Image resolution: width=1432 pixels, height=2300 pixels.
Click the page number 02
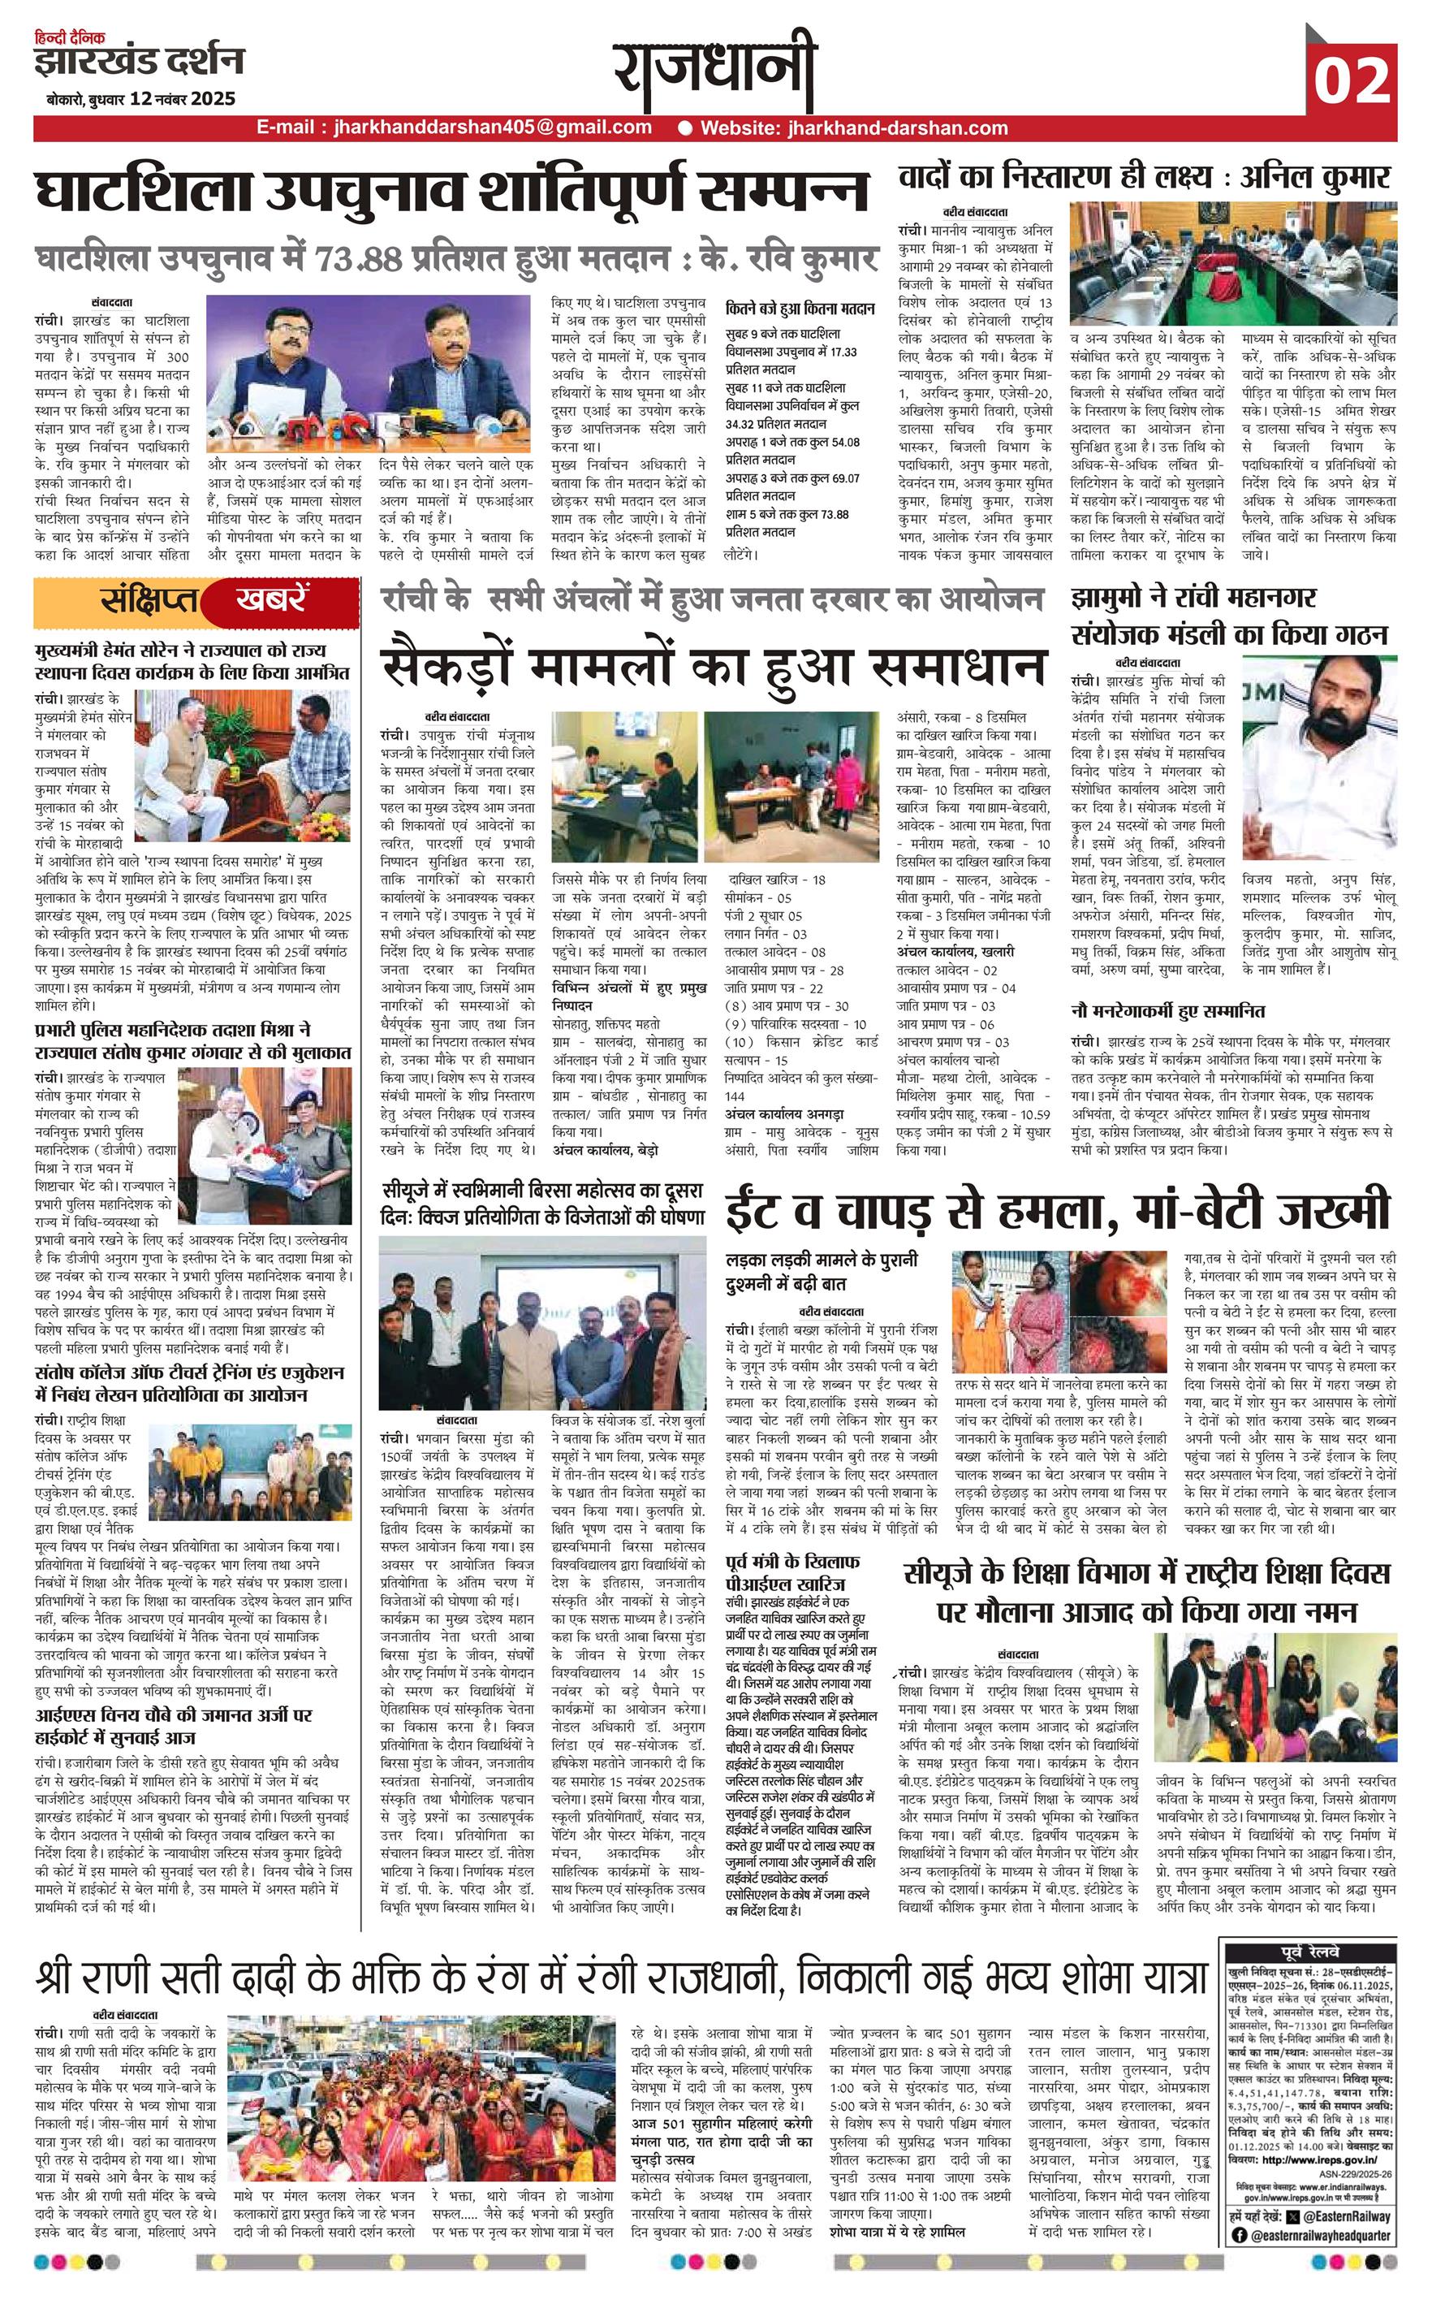click(x=1352, y=80)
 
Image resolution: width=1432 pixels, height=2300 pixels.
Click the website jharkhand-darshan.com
click(x=853, y=127)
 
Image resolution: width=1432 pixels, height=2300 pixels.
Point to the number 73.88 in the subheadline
click(x=346, y=258)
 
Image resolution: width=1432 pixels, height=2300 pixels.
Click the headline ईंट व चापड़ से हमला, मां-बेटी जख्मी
click(x=1058, y=1209)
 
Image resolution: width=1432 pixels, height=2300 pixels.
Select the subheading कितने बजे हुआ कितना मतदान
click(x=800, y=309)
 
